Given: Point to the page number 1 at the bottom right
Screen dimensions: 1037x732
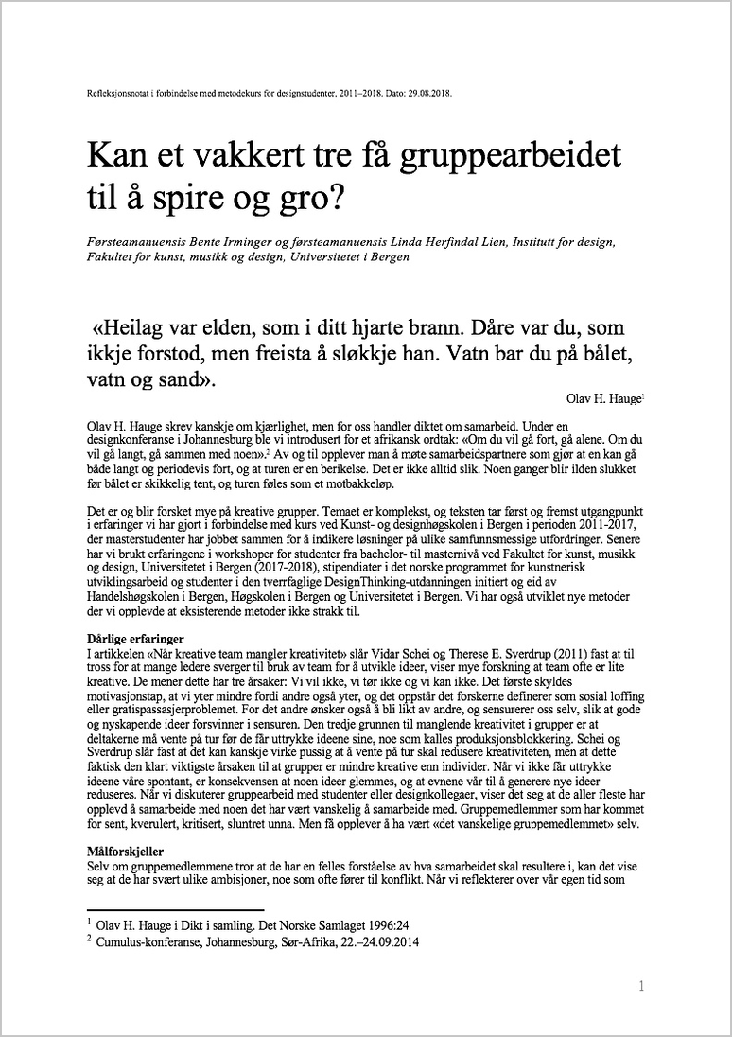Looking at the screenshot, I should [642, 986].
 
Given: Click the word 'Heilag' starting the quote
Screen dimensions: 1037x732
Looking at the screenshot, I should [132, 329].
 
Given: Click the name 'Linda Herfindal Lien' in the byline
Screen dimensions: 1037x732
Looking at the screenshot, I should [409, 243].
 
